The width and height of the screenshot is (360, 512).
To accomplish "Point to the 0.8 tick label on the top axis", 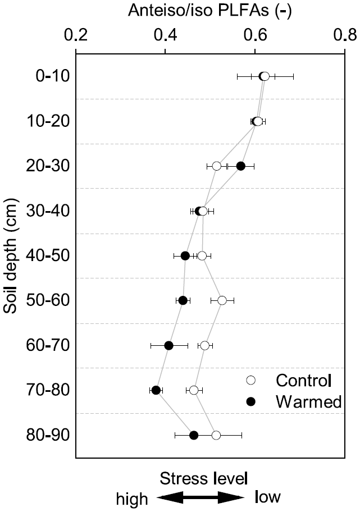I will [344, 35].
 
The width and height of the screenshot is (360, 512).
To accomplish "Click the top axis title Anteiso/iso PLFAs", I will [210, 11].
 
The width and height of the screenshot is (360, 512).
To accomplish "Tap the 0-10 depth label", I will [48, 76].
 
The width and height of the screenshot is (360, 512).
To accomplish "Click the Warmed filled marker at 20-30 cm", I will [241, 166].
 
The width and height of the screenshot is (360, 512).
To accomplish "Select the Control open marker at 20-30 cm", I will [217, 166].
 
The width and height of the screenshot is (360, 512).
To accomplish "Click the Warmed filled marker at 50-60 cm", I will [183, 300].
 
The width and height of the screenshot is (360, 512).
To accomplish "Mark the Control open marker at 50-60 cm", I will [222, 300].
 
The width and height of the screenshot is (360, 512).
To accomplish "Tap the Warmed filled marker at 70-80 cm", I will [156, 390].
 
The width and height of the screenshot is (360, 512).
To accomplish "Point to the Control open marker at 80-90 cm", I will [216, 435].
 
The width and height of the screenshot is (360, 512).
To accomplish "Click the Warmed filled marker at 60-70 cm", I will [169, 345].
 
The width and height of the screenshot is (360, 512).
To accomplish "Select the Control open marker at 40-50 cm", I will [202, 256].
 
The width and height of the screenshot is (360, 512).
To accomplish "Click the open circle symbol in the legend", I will [251, 380].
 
